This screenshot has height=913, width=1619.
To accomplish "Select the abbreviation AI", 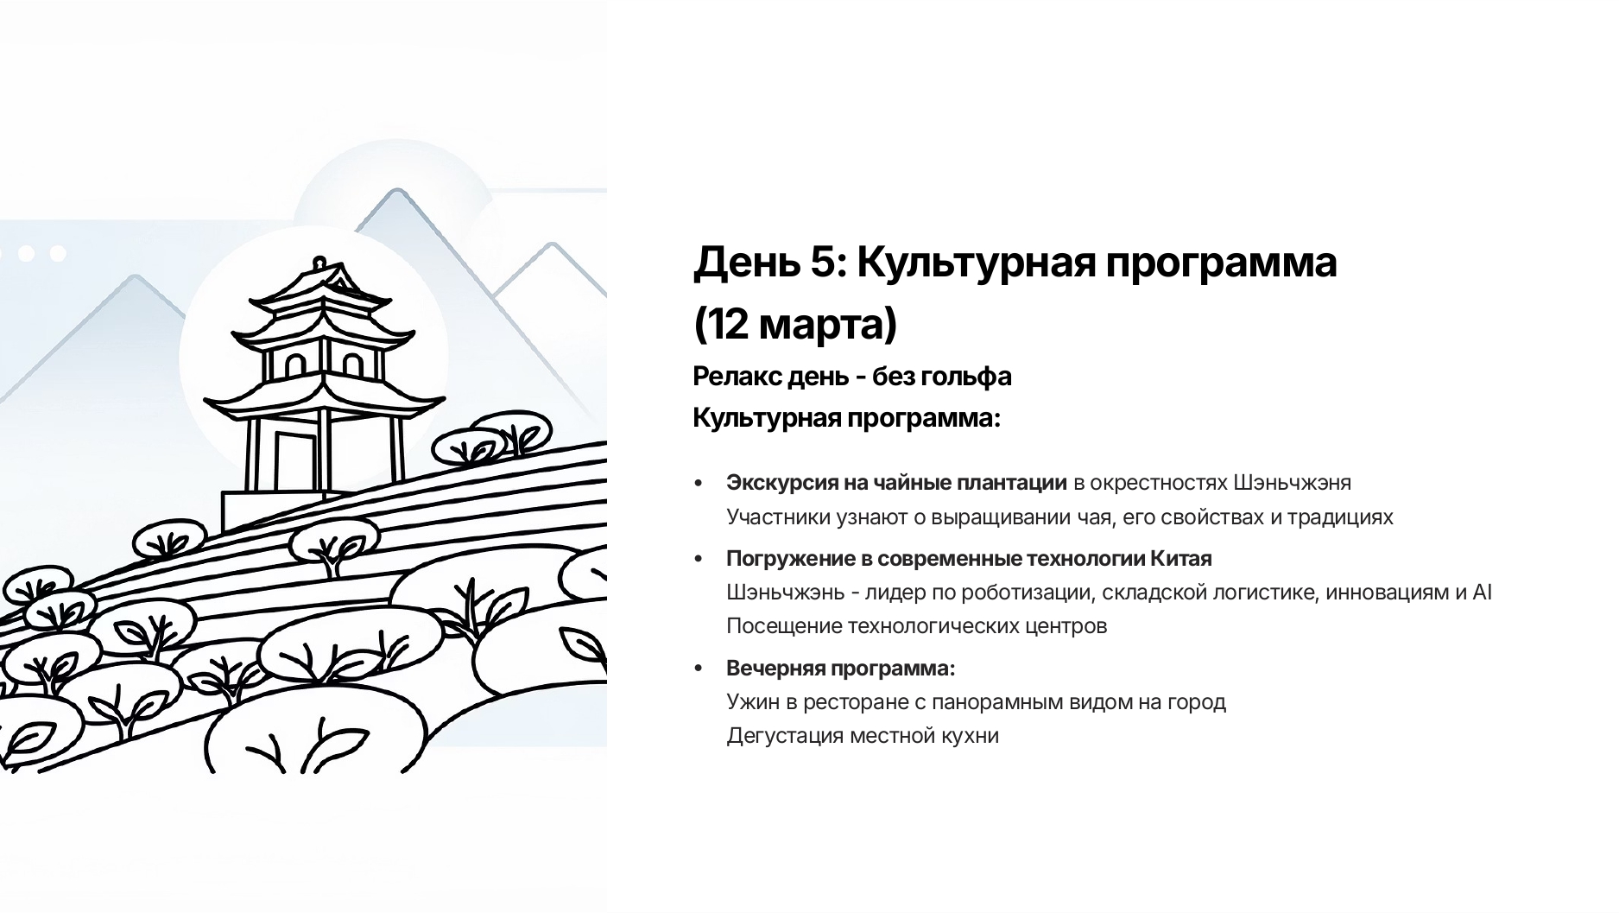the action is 1482,593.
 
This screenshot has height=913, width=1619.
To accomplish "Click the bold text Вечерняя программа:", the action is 841,669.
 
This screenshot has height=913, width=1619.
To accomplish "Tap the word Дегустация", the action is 785,736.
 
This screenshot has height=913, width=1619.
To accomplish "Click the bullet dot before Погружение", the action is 699,559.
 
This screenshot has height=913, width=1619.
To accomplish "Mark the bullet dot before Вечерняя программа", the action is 699,669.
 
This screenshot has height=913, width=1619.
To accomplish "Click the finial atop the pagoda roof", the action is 319,263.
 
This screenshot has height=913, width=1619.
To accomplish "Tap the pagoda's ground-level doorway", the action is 294,460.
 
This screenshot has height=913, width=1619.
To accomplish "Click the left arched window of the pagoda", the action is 294,365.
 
